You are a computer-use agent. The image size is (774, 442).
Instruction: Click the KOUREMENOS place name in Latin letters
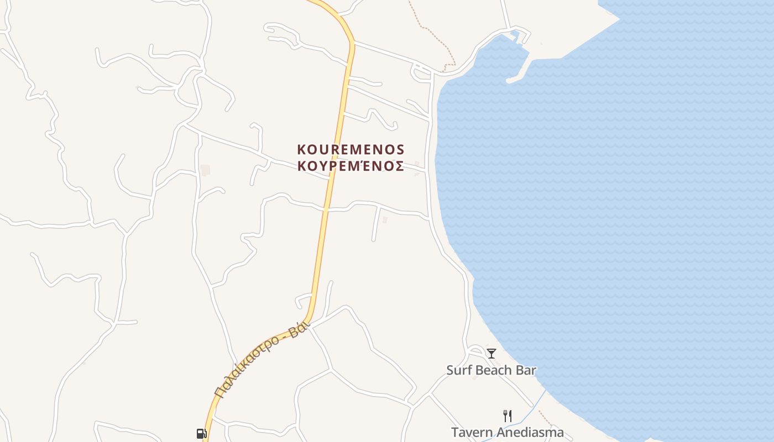point(351,150)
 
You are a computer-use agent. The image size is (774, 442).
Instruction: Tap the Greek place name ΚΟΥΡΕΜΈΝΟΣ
point(351,166)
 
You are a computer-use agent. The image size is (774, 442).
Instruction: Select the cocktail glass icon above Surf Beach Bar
point(491,353)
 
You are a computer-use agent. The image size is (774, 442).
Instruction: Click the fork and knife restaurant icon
point(507,415)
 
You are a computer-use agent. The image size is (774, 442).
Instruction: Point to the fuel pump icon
point(201,434)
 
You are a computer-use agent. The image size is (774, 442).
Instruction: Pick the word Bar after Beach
point(526,370)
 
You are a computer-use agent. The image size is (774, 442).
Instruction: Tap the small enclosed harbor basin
point(498,55)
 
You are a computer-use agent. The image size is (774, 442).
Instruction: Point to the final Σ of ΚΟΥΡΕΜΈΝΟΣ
point(399,166)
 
